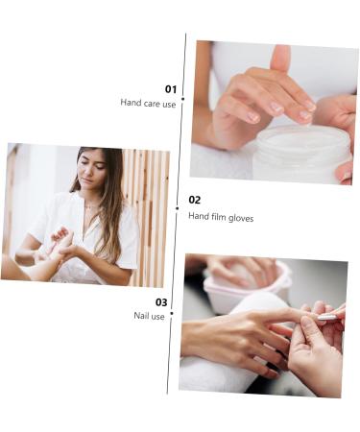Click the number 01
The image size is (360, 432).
pyautogui.click(x=171, y=88)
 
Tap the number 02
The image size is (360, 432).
pyautogui.click(x=195, y=200)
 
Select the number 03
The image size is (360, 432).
pyautogui.click(x=161, y=301)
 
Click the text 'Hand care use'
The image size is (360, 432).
pyautogui.click(x=148, y=103)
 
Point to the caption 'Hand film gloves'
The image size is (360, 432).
pyautogui.click(x=221, y=217)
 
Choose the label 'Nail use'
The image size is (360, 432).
pyautogui.click(x=149, y=316)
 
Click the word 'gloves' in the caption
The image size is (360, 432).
pyautogui.click(x=240, y=217)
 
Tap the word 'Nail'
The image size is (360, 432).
pyautogui.click(x=141, y=316)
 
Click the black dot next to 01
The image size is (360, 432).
pyautogui.click(x=182, y=99)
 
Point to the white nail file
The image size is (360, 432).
pyautogui.click(x=327, y=316)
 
